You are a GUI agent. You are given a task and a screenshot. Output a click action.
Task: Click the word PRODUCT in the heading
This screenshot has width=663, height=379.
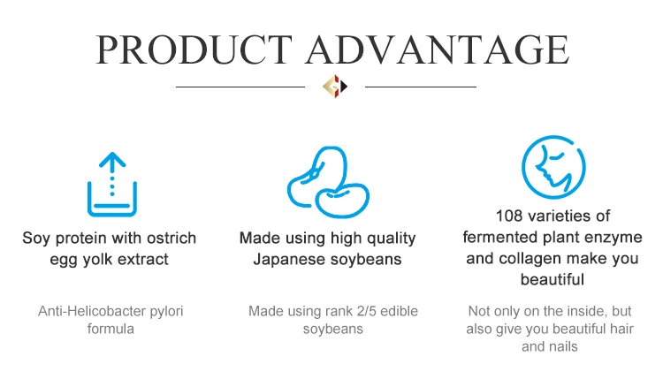coord(194,49)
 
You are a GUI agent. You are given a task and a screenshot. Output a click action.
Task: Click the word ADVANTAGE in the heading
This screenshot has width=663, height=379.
coord(438,49)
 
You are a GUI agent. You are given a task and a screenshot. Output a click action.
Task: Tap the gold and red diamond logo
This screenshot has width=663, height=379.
coord(335,87)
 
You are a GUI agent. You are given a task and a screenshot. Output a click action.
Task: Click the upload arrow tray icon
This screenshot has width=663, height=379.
coord(112,185)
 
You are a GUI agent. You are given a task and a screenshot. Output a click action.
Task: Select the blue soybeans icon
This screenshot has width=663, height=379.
coord(328,182)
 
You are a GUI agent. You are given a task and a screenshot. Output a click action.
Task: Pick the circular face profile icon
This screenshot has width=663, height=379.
coord(553,167)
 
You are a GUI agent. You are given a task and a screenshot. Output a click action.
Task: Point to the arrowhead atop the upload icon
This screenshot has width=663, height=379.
coord(112,159)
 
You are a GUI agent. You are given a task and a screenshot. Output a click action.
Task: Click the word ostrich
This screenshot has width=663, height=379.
coord(171,238)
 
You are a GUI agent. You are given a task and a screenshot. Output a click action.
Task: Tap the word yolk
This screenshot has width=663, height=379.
coord(97,260)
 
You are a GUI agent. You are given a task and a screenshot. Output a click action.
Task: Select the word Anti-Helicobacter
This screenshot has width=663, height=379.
coord(92,311)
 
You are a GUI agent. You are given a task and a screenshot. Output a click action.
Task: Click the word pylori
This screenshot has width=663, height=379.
coord(166,312)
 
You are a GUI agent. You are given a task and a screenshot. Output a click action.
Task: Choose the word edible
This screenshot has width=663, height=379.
coord(400,311)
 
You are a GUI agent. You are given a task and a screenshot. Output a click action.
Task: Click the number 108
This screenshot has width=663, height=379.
coord(509,216)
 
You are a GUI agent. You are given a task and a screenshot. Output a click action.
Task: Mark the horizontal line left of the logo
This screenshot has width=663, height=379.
coord(240,87)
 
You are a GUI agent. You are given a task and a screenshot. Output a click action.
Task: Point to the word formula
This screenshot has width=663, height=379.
coord(110,330)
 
